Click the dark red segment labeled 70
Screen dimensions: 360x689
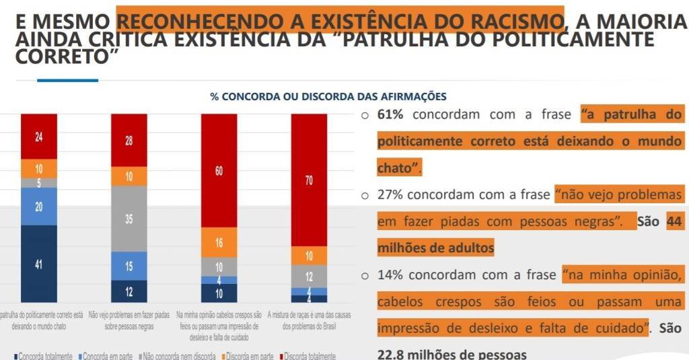(309, 180)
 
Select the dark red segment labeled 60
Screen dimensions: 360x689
(219, 170)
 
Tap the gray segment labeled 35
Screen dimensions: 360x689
(129, 219)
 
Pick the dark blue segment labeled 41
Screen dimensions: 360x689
(38, 264)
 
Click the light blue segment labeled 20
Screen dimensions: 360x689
(38, 207)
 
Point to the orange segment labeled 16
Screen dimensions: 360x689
(219, 243)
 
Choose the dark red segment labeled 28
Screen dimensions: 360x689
(129, 140)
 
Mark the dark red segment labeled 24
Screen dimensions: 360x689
(38, 136)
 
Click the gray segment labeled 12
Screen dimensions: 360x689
(309, 276)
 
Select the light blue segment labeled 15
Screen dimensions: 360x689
(129, 266)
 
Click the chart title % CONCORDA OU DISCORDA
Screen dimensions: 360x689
(328, 97)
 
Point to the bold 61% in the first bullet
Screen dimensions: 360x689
(390, 114)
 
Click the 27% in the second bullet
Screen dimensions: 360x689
(390, 195)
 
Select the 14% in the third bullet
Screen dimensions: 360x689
(390, 275)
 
